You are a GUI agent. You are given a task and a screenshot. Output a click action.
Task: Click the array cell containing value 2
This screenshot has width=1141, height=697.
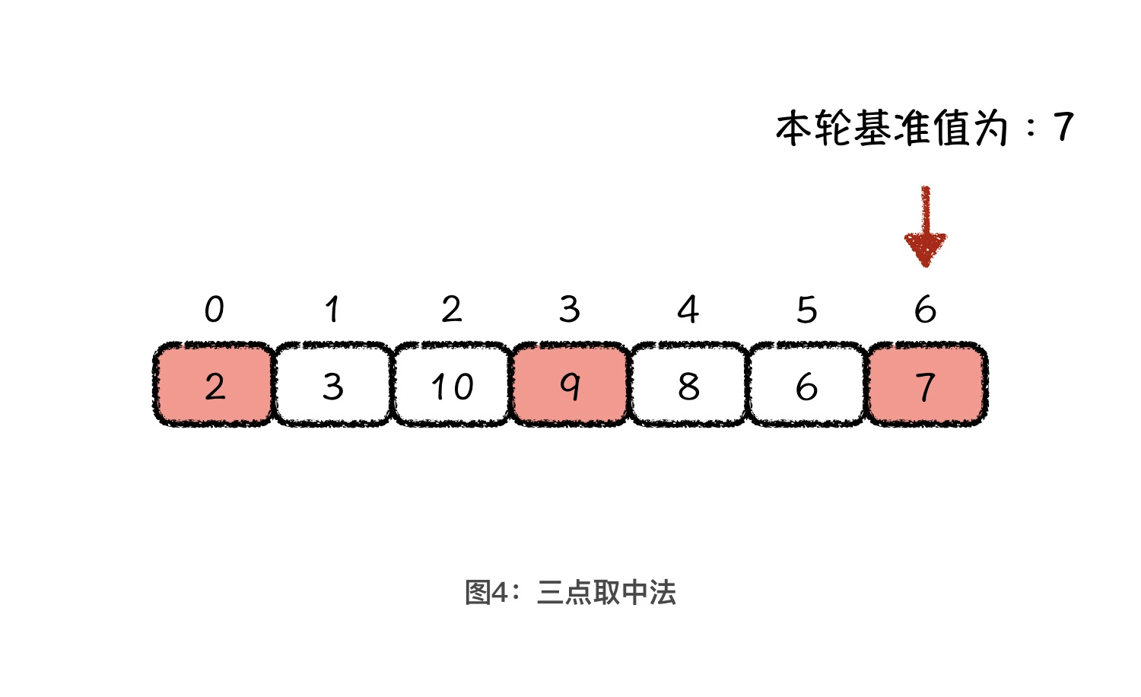214,385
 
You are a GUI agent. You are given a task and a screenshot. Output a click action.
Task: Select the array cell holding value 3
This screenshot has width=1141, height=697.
332,385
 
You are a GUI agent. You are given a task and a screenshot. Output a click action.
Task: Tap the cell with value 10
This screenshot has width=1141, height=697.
451,385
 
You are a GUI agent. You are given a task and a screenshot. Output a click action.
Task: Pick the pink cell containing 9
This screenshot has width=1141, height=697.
570,385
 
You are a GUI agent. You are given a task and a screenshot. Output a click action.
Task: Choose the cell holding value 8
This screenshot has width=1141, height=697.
688,385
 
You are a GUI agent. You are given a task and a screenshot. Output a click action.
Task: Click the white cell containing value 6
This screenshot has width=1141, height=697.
806,385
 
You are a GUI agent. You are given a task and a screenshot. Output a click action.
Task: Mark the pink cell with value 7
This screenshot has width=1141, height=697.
926,385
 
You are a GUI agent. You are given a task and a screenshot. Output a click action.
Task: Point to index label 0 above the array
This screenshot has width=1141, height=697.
214,310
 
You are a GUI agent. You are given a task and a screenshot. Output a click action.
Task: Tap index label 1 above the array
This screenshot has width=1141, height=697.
332,310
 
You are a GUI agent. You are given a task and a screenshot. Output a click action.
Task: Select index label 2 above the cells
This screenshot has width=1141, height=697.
451,310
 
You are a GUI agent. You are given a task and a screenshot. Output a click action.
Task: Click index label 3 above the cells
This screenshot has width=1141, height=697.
570,310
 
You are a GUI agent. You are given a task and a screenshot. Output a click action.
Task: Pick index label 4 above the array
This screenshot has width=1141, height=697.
688,310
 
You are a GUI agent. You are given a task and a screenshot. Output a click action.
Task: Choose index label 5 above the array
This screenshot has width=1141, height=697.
806,310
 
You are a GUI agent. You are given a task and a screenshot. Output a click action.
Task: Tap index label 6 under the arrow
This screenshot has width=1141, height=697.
925,310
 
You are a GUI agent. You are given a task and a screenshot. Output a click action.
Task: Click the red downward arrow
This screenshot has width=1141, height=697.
925,228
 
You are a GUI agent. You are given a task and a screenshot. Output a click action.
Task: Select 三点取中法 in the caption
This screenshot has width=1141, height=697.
606,592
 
